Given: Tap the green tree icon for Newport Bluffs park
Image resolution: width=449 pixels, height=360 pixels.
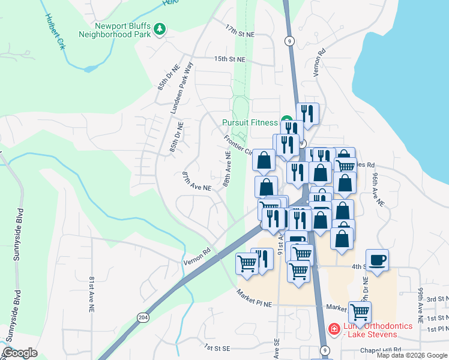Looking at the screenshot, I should pos(160,28).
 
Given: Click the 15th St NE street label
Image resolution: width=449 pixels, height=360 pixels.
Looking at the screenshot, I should pos(230,59).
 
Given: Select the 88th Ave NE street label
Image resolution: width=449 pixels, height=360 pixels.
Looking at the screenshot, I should pos(228,168).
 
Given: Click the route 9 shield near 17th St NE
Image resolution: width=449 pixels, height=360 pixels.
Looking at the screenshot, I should pos(290,41).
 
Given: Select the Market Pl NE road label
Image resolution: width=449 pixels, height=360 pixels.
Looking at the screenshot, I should pos(254,297).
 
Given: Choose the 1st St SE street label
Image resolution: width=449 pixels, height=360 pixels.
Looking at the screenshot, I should pos(217,347).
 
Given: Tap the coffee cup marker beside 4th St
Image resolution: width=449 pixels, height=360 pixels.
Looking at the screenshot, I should pos(377,260).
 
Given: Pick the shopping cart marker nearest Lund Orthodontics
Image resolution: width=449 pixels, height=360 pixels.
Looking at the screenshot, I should pos(359,311).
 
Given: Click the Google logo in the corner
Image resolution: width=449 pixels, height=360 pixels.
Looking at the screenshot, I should pos(20,353).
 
